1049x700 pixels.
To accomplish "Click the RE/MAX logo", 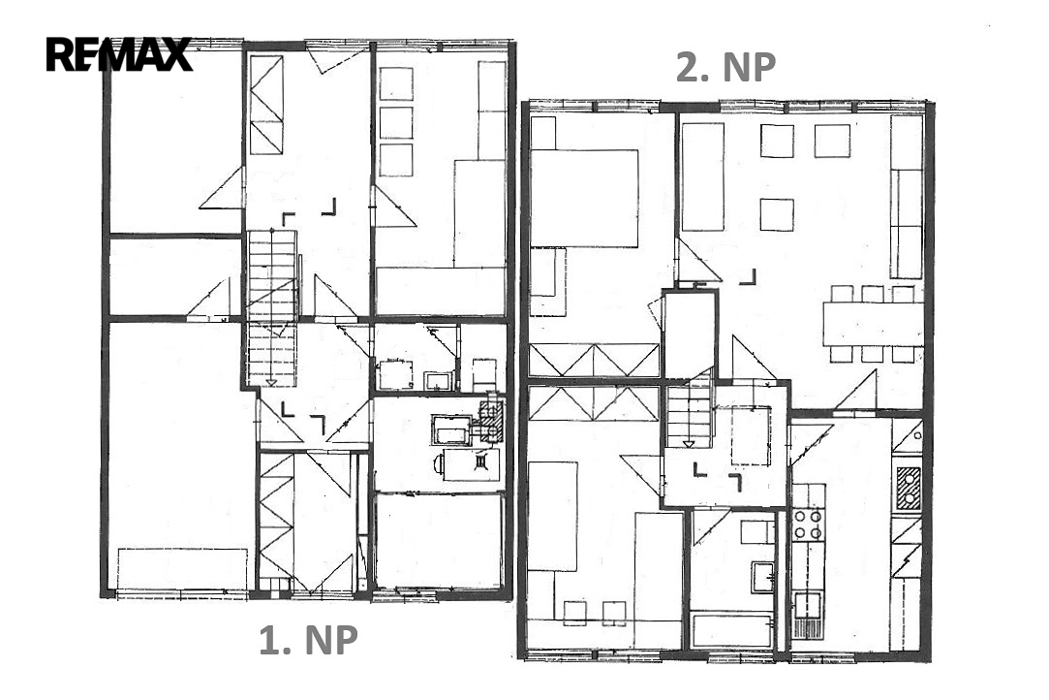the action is [x=119, y=54].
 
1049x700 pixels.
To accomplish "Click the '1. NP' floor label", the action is [x=308, y=640].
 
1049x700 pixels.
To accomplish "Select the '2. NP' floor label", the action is [x=725, y=67].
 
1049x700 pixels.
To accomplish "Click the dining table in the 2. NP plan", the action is [x=873, y=324].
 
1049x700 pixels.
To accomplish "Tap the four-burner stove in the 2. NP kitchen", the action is [x=808, y=524].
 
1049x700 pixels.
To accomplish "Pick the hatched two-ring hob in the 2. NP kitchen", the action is [x=908, y=488].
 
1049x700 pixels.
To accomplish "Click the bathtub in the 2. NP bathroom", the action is [x=731, y=629].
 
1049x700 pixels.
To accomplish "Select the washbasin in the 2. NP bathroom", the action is [x=762, y=577].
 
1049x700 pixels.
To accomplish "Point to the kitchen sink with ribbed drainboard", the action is [x=808, y=616].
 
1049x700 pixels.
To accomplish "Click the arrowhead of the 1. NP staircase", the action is [x=271, y=383].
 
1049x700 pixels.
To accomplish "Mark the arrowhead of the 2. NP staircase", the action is [x=689, y=443].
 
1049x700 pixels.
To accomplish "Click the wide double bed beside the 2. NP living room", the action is [x=583, y=199].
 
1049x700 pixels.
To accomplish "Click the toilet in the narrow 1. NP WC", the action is [x=483, y=375].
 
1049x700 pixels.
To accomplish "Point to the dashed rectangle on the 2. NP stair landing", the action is [x=751, y=436].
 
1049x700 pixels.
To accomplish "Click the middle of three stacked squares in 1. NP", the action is [x=395, y=122].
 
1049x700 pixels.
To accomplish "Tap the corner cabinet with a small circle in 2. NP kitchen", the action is [x=908, y=436].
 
